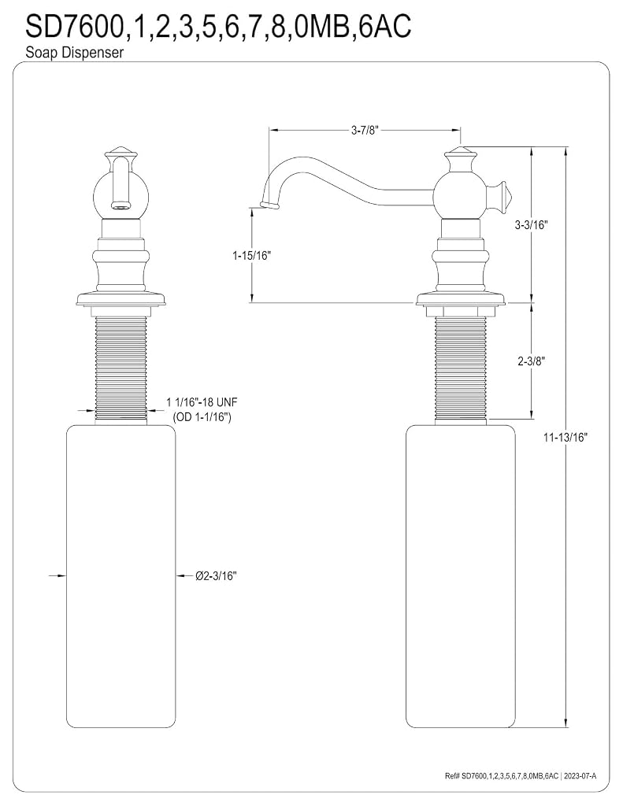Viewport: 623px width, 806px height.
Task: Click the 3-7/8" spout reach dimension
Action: pyautogui.click(x=365, y=130)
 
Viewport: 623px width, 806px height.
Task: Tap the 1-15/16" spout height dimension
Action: pyautogui.click(x=251, y=255)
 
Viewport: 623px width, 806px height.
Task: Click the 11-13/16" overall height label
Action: pyautogui.click(x=566, y=438)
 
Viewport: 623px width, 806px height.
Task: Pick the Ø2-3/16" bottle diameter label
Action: pyautogui.click(x=216, y=575)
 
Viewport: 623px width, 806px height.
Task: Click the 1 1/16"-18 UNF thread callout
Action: pyautogui.click(x=202, y=402)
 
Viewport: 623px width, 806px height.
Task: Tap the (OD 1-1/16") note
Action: pyautogui.click(x=202, y=417)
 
